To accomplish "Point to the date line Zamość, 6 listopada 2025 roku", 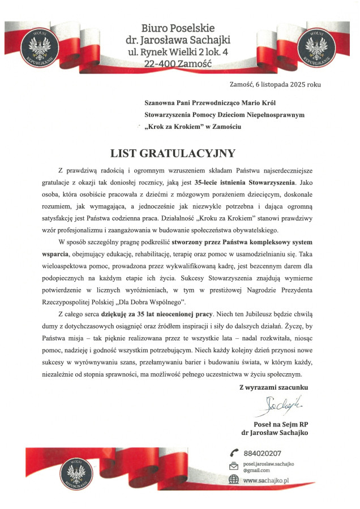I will [275, 84].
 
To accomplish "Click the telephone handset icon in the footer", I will [234, 452].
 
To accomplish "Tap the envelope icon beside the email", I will [234, 467].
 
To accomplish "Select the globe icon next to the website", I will [234, 480].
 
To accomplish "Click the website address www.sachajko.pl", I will [266, 480].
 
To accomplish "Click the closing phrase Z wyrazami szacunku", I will [274, 387].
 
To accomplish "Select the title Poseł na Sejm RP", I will [280, 424].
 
